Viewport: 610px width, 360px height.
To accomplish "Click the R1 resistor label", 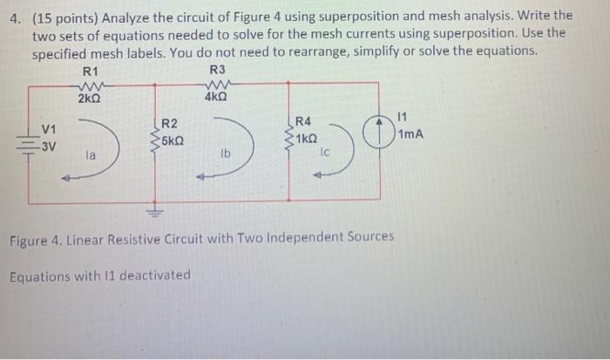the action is [91, 71].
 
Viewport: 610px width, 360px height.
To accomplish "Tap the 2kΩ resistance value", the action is [89, 99].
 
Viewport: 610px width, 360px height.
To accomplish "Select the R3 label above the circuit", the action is [218, 71].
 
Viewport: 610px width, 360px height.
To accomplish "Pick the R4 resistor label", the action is [304, 122].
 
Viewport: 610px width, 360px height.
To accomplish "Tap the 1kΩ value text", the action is [307, 138].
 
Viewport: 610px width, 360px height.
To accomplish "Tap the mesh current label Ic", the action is [323, 151].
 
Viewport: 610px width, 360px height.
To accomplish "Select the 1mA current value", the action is [410, 135].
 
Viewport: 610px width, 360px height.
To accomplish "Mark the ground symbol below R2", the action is [156, 213].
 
